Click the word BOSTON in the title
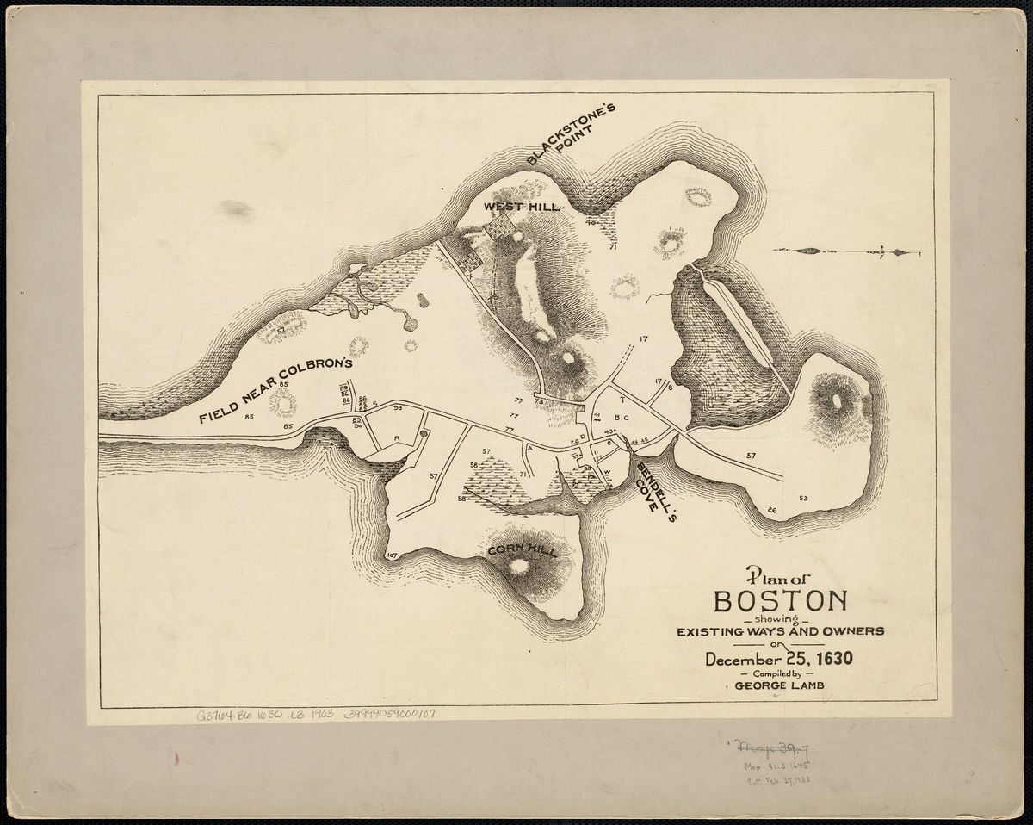click(780, 601)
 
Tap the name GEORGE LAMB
click(780, 686)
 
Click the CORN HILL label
click(522, 550)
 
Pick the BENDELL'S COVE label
click(652, 486)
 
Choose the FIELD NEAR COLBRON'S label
click(275, 390)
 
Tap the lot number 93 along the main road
click(398, 408)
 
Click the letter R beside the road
click(397, 438)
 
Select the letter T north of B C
click(622, 400)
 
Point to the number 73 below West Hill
click(540, 401)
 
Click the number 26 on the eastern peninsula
click(771, 511)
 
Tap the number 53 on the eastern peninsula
click(803, 499)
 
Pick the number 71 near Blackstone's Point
click(613, 247)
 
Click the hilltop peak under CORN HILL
click(519, 566)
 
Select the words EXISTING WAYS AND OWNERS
click(780, 631)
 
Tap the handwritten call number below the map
click(315, 715)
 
